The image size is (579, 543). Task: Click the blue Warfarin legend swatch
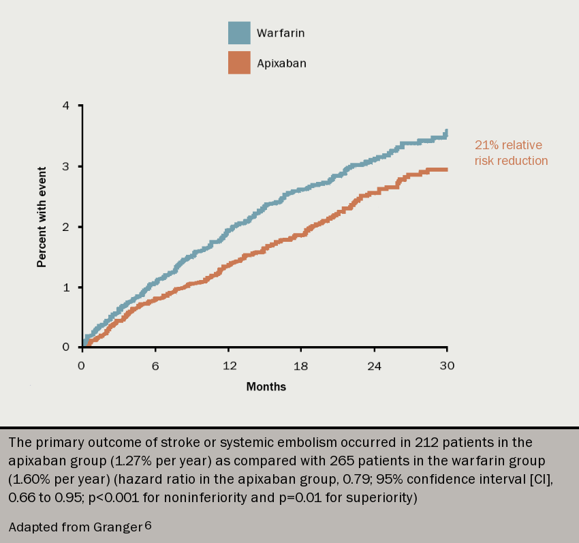[239, 33]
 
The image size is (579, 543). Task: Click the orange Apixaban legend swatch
[239, 63]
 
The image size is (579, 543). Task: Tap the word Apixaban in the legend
[281, 63]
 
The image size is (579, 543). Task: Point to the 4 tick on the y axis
[66, 106]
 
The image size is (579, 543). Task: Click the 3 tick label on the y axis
[66, 166]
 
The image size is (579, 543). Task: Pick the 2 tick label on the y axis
[66, 227]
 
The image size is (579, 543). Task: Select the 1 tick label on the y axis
[66, 287]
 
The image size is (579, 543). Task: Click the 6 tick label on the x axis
[155, 366]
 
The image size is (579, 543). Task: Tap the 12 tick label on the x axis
[230, 366]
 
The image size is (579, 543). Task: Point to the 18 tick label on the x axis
[301, 366]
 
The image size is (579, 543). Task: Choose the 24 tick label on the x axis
[374, 366]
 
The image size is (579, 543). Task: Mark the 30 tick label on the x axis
[447, 366]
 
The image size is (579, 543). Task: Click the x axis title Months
[266, 387]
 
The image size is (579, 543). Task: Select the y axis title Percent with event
[42, 216]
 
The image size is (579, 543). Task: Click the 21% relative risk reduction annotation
[511, 153]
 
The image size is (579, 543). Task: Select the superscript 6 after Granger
[148, 524]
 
